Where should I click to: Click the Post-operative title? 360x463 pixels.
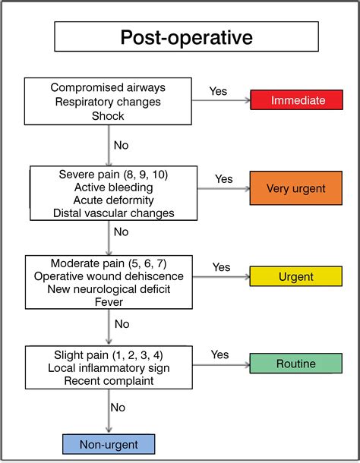coord(187,37)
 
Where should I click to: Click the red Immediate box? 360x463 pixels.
coord(296,99)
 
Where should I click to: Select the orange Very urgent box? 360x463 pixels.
coord(296,188)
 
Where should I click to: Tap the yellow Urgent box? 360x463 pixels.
coord(296,276)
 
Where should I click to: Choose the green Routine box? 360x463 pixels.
coord(296,364)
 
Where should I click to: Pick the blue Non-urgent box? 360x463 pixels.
coord(109,444)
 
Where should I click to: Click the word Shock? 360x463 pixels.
coord(108,116)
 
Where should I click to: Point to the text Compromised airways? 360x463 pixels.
coord(108,87)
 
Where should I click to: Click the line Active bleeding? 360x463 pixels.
coord(113,187)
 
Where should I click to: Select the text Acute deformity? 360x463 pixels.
coord(113,200)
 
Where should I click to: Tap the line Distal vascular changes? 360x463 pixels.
coord(113,213)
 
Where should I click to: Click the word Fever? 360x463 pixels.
coord(109,302)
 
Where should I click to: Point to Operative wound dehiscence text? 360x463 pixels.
coord(109,276)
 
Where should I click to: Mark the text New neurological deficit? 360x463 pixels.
coord(109,289)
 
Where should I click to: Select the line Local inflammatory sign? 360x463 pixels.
coord(109,368)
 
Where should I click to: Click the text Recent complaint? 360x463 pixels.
coord(109,381)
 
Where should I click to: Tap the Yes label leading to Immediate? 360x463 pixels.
coord(218,91)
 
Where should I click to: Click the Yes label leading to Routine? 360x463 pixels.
coord(219,354)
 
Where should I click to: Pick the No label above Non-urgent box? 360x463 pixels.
coord(118,408)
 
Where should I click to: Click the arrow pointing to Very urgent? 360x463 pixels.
coord(224,188)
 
